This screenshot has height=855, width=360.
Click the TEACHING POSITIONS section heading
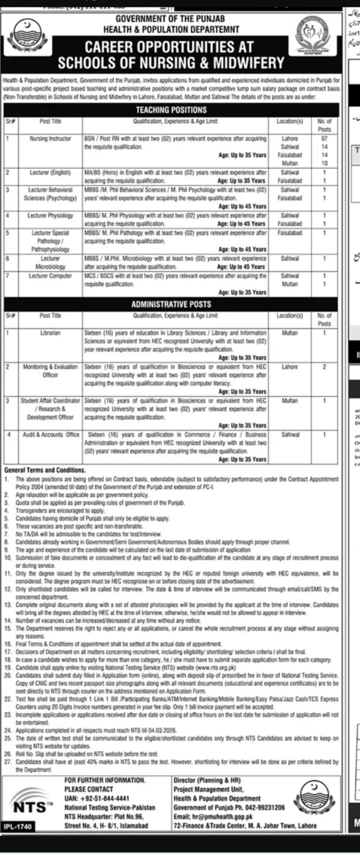pyautogui.click(x=171, y=110)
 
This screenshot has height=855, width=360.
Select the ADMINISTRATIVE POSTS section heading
pyautogui.click(x=171, y=304)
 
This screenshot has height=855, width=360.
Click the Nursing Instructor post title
pyautogui.click(x=50, y=138)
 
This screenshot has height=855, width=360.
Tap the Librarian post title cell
pyautogui.click(x=50, y=333)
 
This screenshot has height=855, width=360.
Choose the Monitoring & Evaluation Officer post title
pyautogui.click(x=50, y=371)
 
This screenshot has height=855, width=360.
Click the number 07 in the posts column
pyautogui.click(x=324, y=138)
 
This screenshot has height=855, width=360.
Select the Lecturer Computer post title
pyautogui.click(x=50, y=276)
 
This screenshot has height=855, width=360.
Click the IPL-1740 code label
pyautogui.click(x=18, y=827)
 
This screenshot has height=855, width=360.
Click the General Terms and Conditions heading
pyautogui.click(x=45, y=470)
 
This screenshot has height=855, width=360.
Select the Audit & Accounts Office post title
pyautogui.click(x=50, y=435)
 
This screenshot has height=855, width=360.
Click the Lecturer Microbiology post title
pyautogui.click(x=50, y=262)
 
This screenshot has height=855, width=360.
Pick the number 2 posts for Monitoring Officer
pyautogui.click(x=324, y=367)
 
